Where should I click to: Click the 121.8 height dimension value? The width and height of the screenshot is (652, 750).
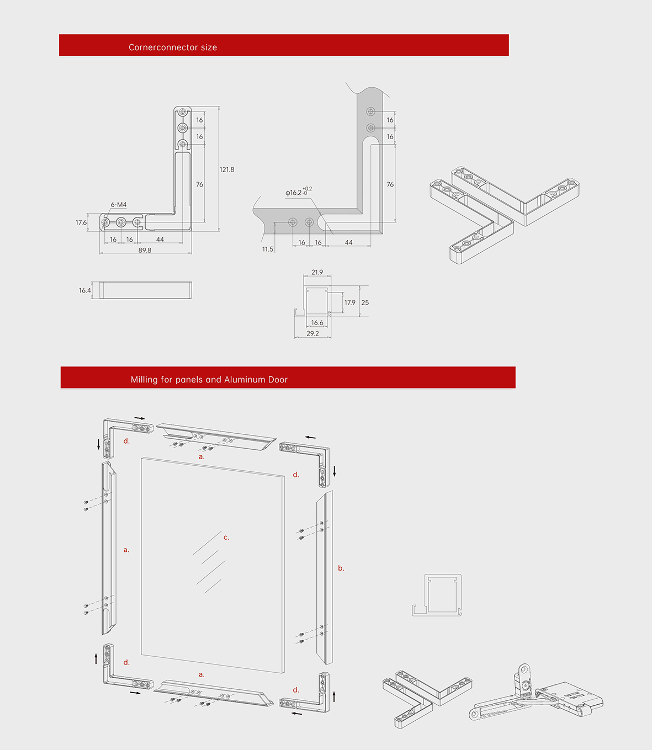click(x=226, y=169)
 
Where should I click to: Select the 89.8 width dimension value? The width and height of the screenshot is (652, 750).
click(x=145, y=251)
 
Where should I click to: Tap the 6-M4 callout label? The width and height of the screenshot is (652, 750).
click(x=119, y=205)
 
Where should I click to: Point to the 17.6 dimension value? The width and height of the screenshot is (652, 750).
click(x=81, y=223)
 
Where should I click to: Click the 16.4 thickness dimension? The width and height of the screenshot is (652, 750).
click(x=84, y=291)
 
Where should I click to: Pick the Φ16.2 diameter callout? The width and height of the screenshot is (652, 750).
click(x=298, y=192)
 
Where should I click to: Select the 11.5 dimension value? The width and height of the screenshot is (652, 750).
click(x=268, y=249)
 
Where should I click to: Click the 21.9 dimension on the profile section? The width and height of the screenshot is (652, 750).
click(x=317, y=273)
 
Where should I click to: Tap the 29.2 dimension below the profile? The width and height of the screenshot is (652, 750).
click(x=312, y=334)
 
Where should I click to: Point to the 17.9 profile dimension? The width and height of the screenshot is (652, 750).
click(x=349, y=303)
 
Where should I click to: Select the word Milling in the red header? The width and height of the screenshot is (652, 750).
click(x=144, y=380)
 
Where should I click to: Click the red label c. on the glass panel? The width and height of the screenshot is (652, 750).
click(x=226, y=538)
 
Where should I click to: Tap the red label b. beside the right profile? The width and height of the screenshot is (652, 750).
click(x=341, y=568)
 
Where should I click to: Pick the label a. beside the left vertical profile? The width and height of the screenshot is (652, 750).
click(x=126, y=550)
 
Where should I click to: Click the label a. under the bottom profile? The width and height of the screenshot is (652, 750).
click(x=202, y=674)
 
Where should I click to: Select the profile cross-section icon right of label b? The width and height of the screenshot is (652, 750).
click(x=437, y=595)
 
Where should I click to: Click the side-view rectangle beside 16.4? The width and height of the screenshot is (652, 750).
click(x=147, y=290)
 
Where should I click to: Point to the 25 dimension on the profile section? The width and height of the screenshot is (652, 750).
click(x=365, y=303)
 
